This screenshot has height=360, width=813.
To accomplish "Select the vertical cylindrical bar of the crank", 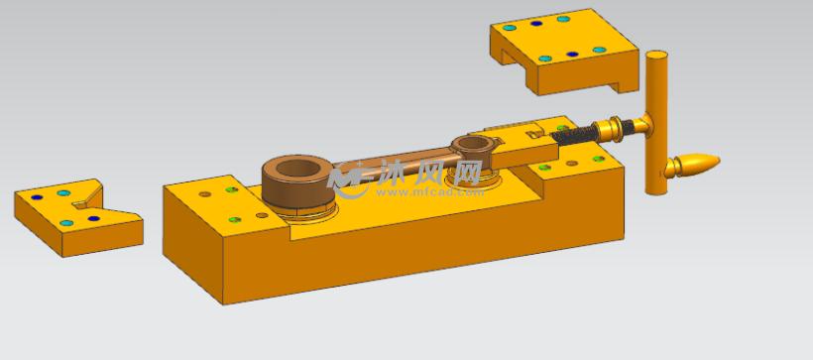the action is coord(656,122).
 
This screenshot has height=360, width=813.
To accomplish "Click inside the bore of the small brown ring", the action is coord(472,143).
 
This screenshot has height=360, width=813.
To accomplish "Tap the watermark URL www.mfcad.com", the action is coord(430,192).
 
